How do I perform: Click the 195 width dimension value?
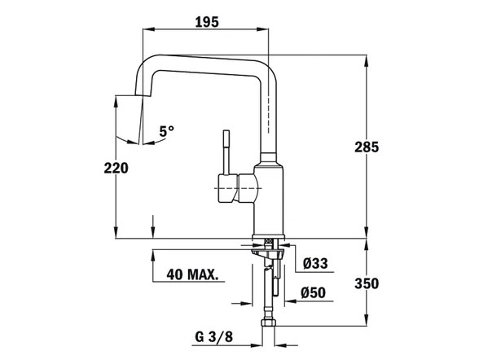[208, 22]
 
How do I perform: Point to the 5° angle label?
[167, 131]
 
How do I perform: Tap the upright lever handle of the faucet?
[226, 151]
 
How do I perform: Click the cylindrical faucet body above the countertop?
[269, 200]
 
